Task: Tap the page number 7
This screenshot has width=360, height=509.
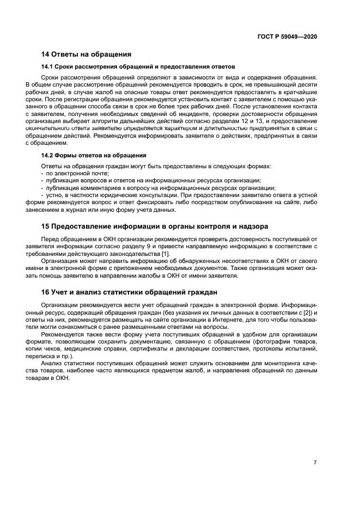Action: click(x=315, y=462)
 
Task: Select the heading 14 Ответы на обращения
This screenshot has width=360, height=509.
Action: click(x=86, y=54)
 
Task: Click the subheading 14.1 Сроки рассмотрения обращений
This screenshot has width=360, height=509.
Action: click(x=138, y=66)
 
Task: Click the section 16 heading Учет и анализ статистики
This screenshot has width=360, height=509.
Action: click(x=129, y=291)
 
